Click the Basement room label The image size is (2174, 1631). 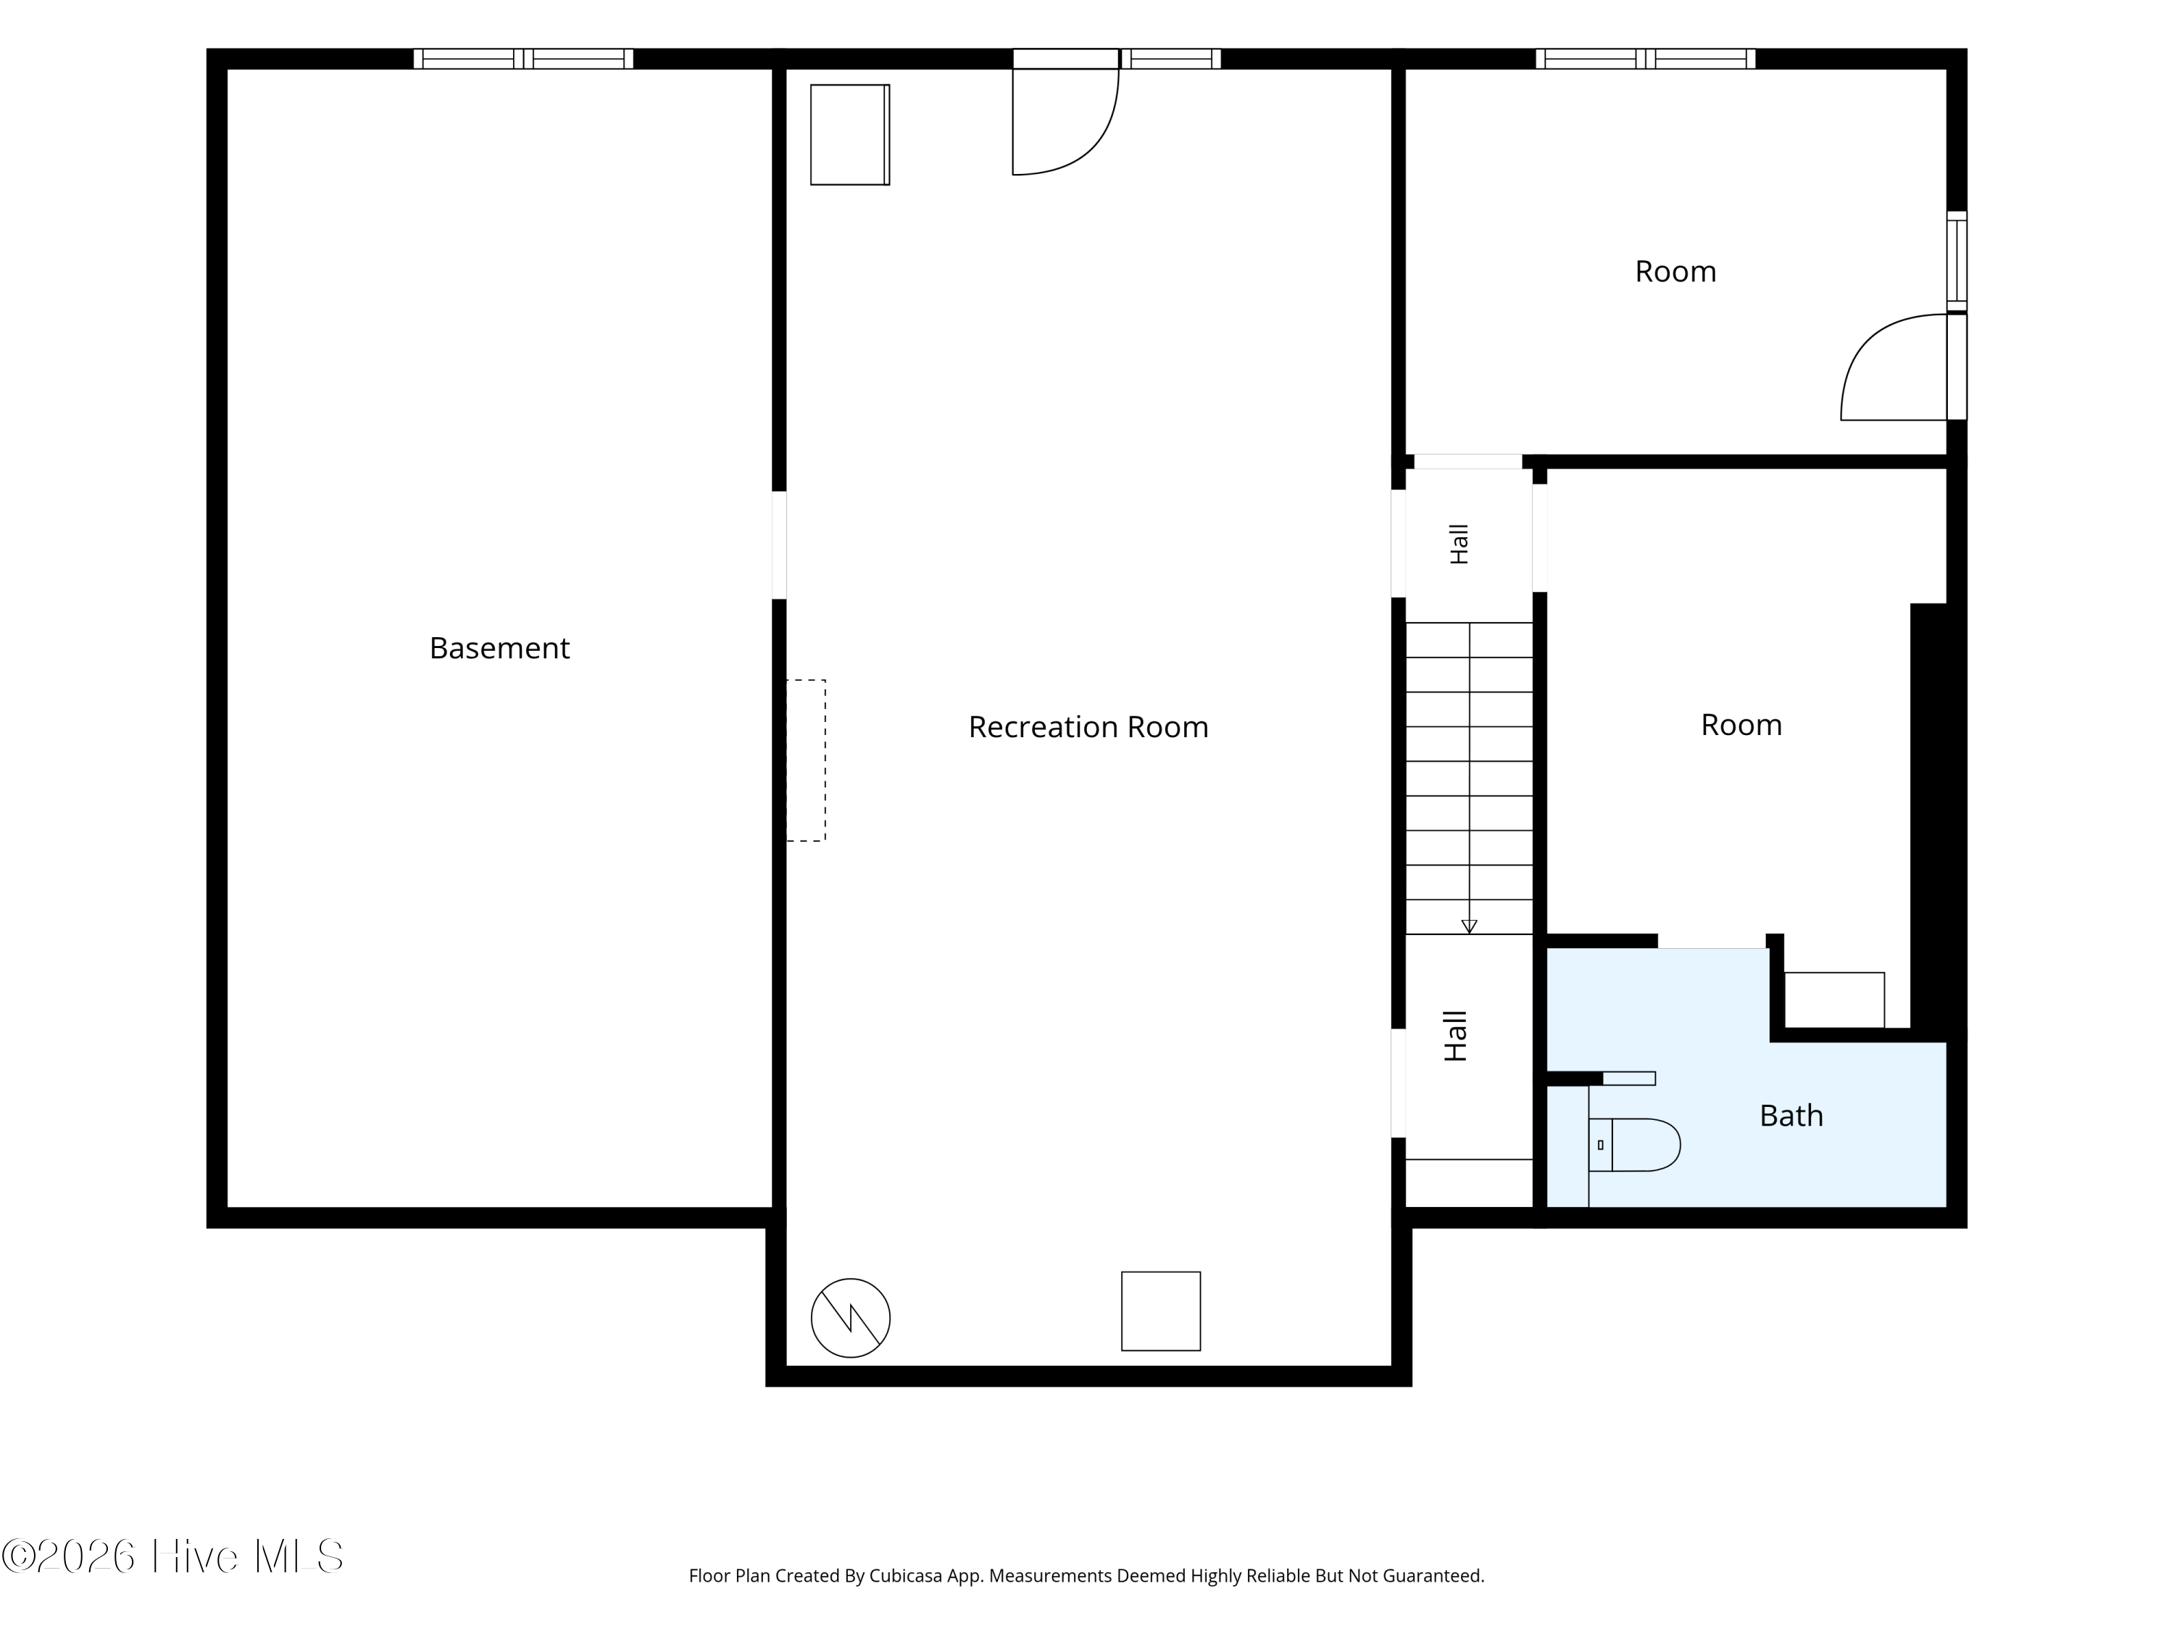[x=499, y=648]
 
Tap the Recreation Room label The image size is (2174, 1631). [x=1088, y=726]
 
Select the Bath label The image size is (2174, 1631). [x=1791, y=1116]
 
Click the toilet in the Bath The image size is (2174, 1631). [x=1633, y=1145]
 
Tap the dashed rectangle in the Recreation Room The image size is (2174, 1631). [x=806, y=760]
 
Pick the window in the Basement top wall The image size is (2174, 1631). [x=523, y=59]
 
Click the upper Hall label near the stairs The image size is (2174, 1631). [x=1459, y=544]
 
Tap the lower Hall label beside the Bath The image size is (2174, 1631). [x=1456, y=1036]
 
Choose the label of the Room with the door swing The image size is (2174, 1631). [x=1675, y=271]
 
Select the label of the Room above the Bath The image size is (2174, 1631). [x=1741, y=725]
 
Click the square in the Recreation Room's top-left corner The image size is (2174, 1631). [x=850, y=135]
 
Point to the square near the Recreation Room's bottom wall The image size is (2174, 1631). [x=1161, y=1311]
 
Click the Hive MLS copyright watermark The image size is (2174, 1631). [x=173, y=1556]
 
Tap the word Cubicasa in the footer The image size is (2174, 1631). [x=907, y=1576]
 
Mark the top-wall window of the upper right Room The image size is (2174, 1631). [x=1645, y=59]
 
